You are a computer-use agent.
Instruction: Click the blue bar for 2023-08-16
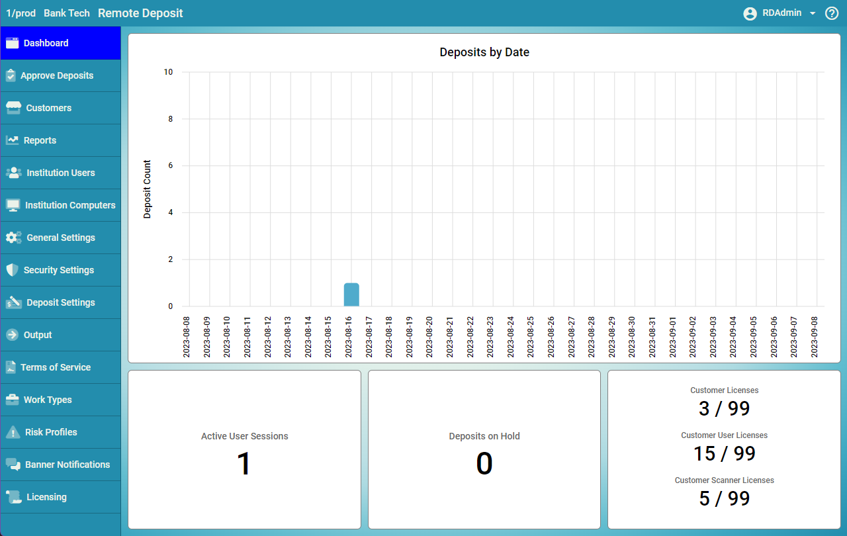(351, 294)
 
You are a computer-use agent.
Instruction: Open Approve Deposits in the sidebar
(57, 75)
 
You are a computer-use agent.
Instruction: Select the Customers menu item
(48, 108)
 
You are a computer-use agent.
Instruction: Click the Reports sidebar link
(40, 140)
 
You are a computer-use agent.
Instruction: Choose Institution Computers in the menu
(70, 205)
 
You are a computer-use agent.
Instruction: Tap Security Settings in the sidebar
(58, 270)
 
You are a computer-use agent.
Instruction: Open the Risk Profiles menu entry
(51, 432)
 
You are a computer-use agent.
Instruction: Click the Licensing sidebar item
(46, 497)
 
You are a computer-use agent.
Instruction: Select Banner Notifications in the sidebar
(67, 465)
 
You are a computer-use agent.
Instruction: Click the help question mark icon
(832, 13)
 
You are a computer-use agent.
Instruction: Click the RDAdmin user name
(781, 13)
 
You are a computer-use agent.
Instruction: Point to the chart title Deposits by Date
(484, 52)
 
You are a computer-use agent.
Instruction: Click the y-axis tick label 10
(168, 72)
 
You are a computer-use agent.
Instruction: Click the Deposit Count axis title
(148, 189)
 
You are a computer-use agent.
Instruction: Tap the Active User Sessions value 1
(244, 464)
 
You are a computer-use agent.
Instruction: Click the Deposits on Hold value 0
(484, 464)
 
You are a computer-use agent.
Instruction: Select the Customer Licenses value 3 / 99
(724, 409)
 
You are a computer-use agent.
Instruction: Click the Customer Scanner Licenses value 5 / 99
(724, 498)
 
